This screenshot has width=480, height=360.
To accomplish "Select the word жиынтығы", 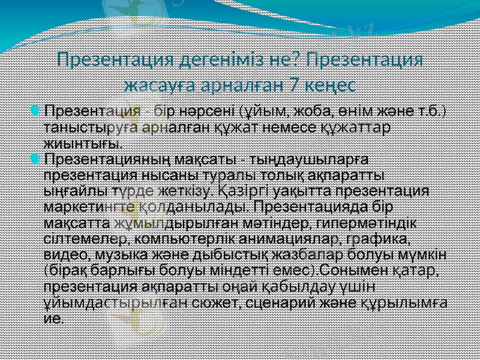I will pos(83,143).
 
